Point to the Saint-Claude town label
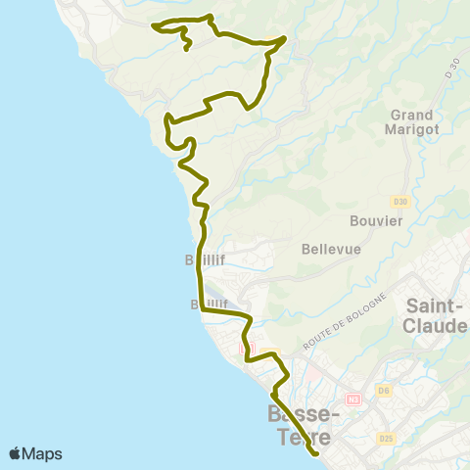pos(435,315)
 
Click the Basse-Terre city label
pos(303,426)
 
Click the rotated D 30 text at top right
pos(451,68)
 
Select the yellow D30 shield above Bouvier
pos(399,202)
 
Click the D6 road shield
pos(385,392)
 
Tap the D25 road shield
pos(386,437)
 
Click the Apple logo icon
pos(16,453)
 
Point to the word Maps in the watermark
pos(42,453)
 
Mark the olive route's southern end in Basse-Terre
pos(316,453)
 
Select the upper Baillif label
pos(206,259)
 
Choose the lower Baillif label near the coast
pos(210,305)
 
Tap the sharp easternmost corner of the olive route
pos(285,38)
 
